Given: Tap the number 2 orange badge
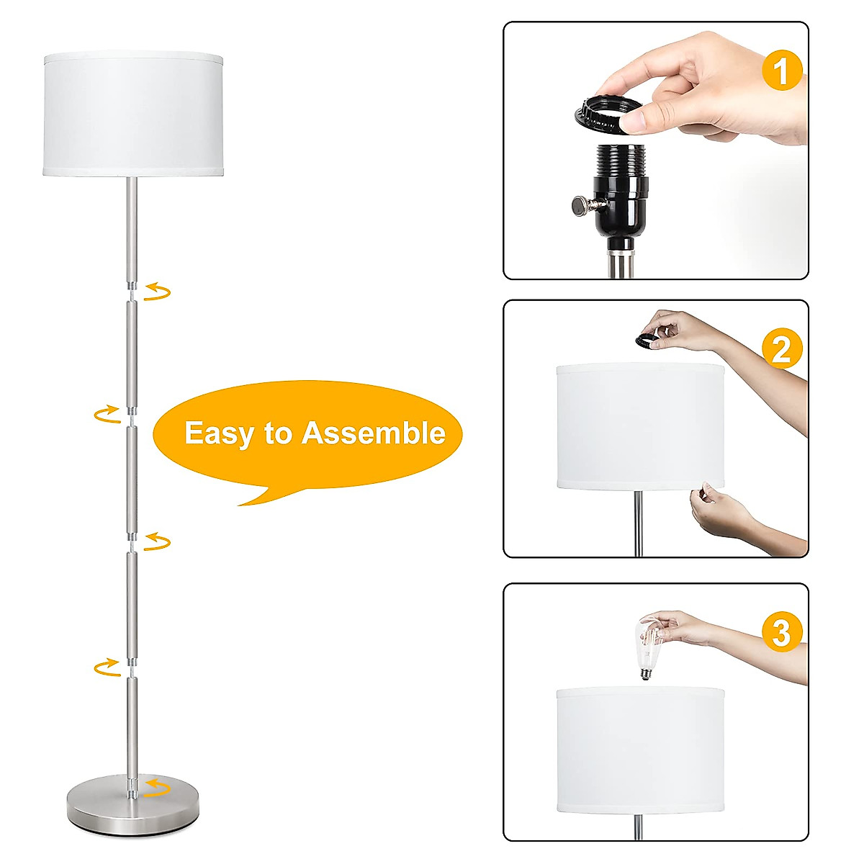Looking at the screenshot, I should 781,350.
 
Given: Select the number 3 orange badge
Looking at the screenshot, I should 781,633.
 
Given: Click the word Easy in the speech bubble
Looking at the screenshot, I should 220,433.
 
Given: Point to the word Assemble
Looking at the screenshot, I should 373,433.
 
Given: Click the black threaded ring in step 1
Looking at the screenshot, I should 609,114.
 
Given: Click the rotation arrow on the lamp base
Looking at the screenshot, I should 157,787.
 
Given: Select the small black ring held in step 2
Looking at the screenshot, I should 647,338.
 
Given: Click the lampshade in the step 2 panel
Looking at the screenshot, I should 640,426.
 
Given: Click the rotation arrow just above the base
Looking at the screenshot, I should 107,667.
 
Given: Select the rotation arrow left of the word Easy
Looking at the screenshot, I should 107,413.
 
